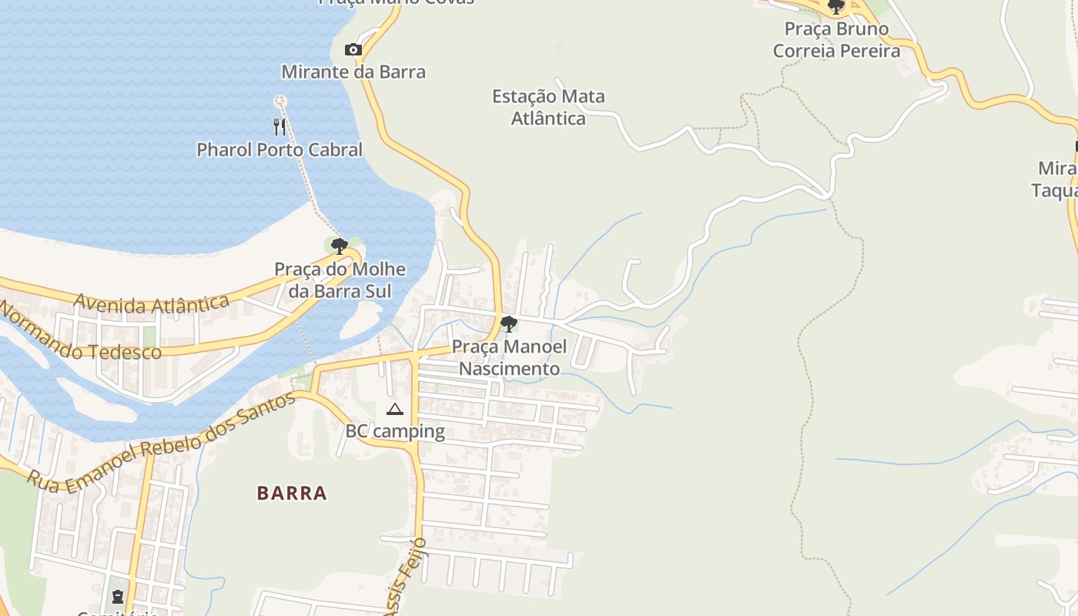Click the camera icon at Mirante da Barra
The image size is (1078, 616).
(x=353, y=50)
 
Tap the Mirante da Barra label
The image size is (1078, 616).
(x=353, y=72)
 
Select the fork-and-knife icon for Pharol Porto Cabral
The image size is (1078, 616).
(x=280, y=126)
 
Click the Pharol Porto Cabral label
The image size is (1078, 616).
(x=280, y=149)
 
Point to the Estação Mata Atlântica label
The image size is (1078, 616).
(x=548, y=107)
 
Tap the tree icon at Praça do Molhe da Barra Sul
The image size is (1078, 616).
(x=340, y=246)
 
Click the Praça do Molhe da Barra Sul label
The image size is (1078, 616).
(x=340, y=280)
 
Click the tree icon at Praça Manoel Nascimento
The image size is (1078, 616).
(x=508, y=324)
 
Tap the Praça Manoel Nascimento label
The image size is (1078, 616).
(x=509, y=357)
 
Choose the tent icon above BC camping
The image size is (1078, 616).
(x=395, y=409)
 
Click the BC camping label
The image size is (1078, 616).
(x=395, y=431)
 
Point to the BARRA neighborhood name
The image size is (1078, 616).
(x=292, y=493)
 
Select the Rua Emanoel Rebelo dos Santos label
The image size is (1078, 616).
(x=161, y=443)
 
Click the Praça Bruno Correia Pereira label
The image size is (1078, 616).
(x=836, y=40)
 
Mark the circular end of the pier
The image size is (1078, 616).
(x=280, y=101)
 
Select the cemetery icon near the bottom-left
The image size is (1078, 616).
(x=117, y=596)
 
